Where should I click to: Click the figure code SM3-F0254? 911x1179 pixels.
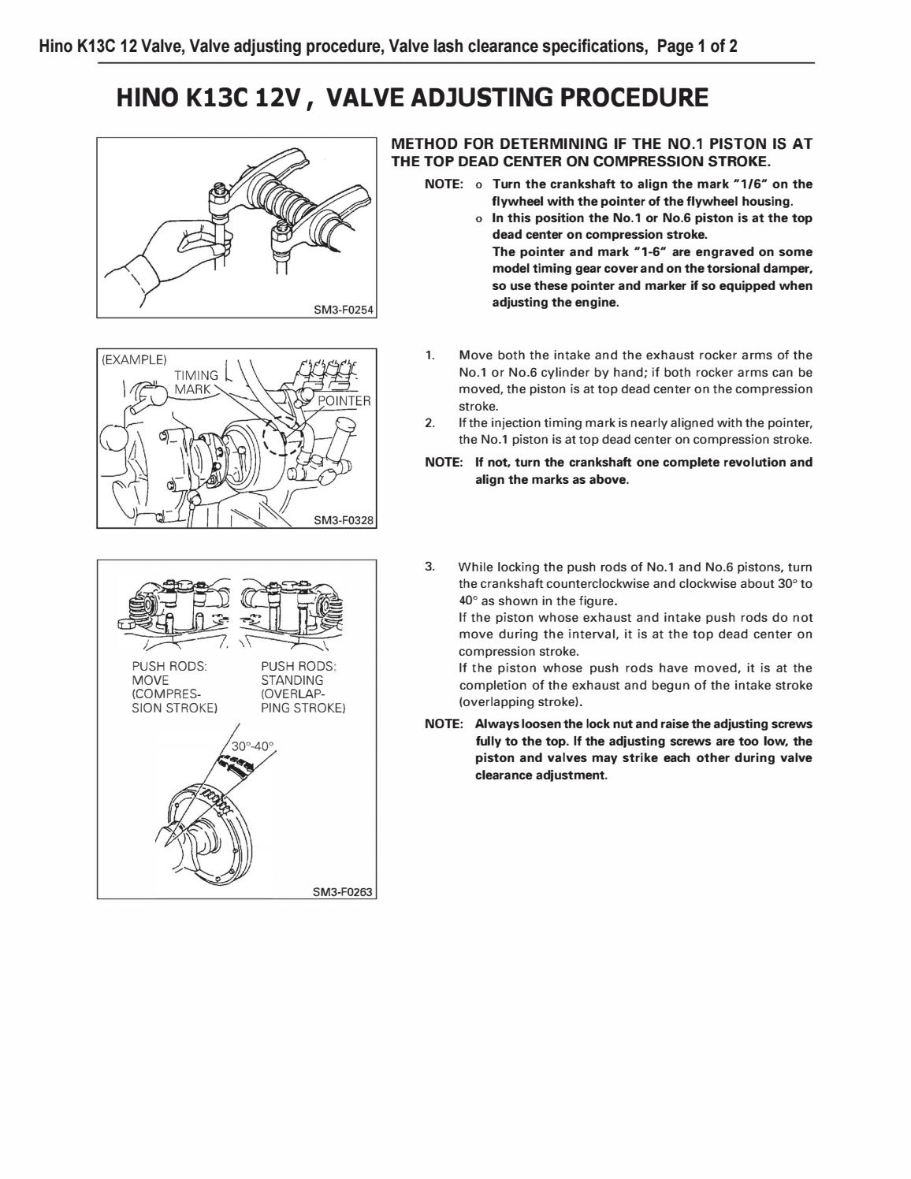click(x=344, y=310)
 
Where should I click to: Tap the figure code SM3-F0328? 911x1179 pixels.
click(x=344, y=520)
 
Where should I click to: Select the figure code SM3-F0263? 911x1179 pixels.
click(x=344, y=891)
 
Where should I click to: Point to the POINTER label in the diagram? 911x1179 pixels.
click(x=344, y=400)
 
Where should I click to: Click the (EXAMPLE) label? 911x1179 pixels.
click(x=135, y=359)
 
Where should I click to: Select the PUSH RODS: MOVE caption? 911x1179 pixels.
click(x=169, y=673)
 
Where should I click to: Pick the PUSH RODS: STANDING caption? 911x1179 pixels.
click(x=299, y=673)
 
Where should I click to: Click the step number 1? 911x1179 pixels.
click(x=429, y=355)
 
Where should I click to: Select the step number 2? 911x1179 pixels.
click(x=429, y=423)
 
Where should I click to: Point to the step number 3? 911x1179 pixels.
click(x=429, y=567)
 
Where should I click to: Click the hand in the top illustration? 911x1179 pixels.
click(x=169, y=252)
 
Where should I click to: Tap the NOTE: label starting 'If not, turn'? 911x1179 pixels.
click(x=443, y=463)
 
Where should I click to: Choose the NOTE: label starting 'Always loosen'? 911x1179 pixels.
click(x=443, y=724)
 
